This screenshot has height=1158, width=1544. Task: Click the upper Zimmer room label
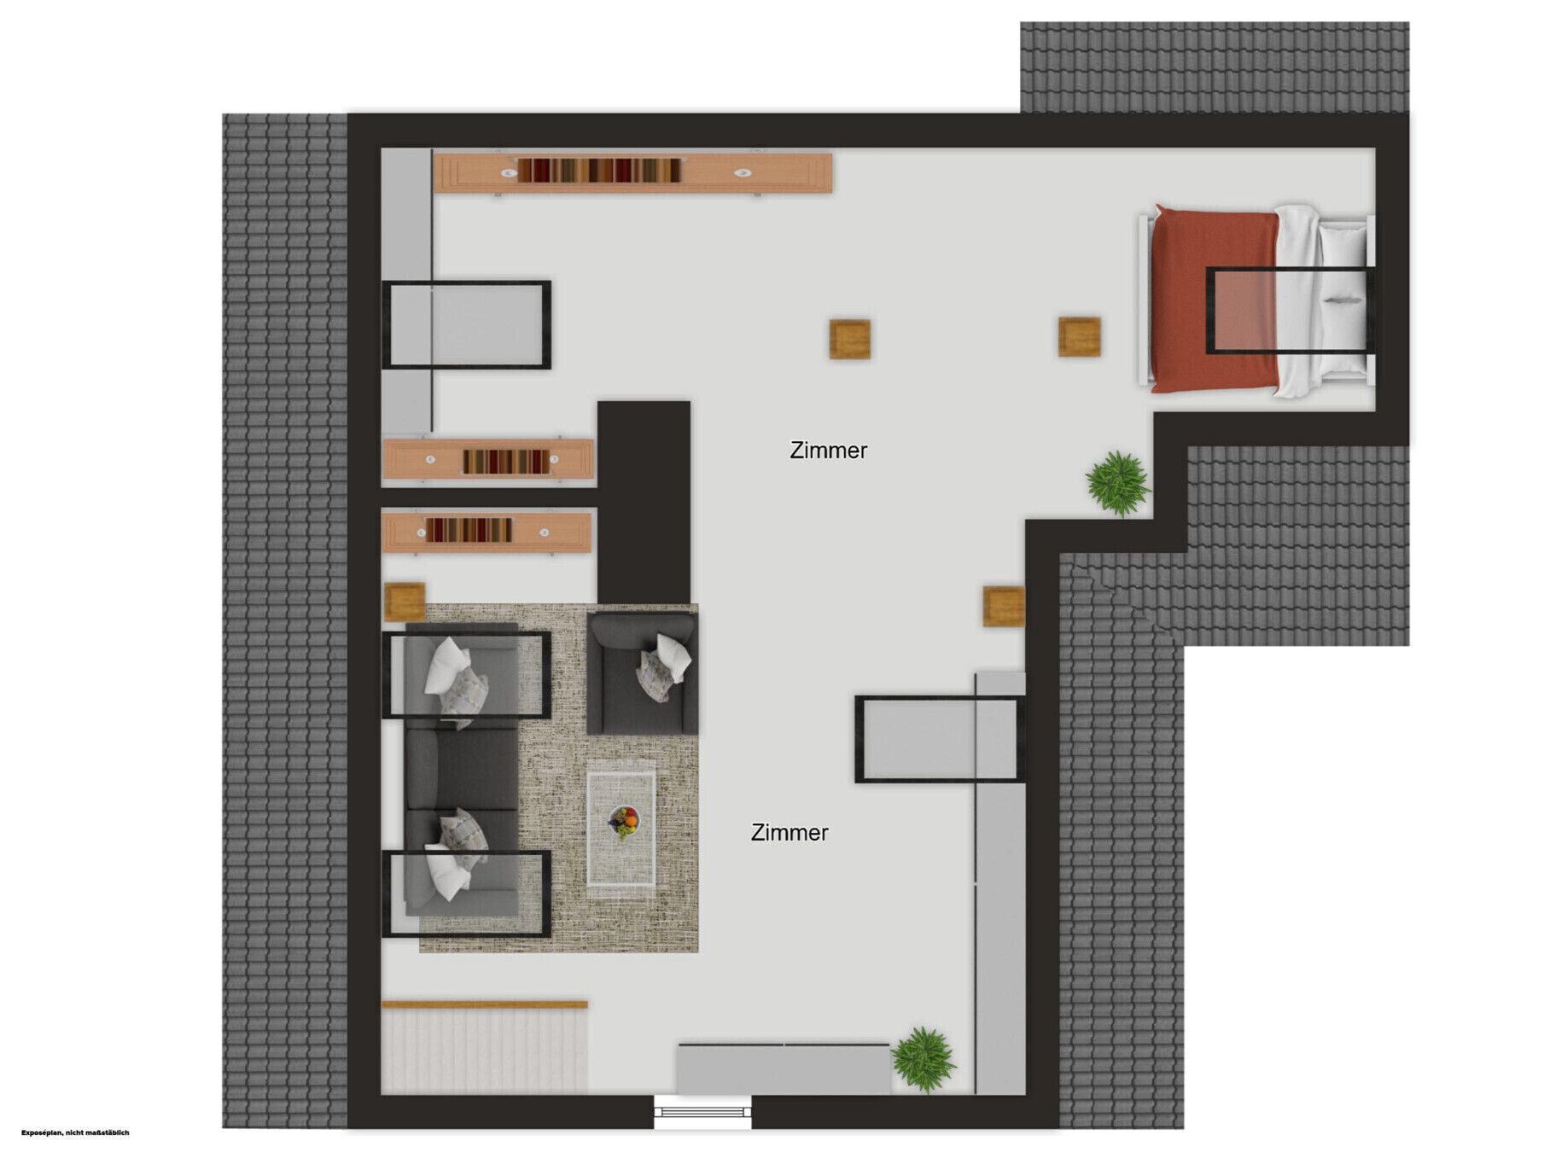tap(828, 450)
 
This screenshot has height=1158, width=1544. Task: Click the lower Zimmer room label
tap(789, 832)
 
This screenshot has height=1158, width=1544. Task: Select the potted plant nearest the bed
tap(1118, 483)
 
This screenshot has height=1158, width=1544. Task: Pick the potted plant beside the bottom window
tap(923, 1059)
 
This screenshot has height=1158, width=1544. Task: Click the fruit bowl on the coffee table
tap(624, 822)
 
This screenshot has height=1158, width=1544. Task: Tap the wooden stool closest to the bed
tap(1079, 336)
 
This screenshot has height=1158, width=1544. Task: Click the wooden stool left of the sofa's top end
tap(405, 602)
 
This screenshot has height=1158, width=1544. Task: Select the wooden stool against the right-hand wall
tap(1004, 606)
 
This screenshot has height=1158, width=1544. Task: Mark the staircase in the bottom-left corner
tap(485, 1047)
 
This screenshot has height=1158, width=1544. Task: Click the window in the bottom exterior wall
tap(702, 1111)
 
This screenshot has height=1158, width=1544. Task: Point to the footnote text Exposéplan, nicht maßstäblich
tap(75, 1133)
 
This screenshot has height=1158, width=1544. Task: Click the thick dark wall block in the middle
tap(644, 503)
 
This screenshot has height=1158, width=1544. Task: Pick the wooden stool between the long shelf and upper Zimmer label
tap(850, 339)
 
